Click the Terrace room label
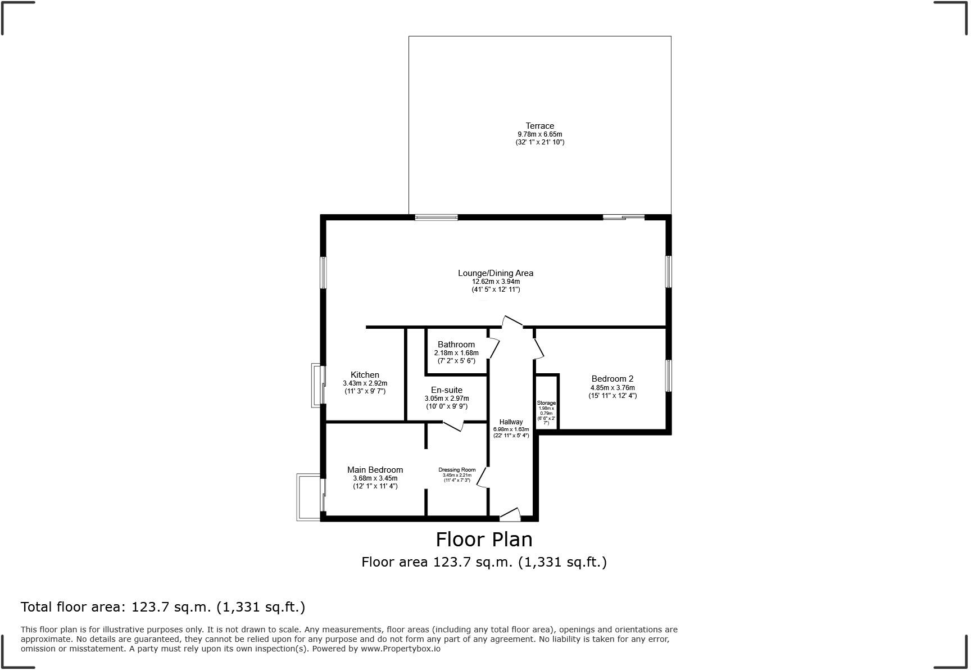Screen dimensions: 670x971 539,126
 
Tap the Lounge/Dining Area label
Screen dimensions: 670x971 496,273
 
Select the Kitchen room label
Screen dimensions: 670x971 365,375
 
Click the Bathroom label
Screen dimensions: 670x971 456,345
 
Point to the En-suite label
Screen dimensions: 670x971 447,390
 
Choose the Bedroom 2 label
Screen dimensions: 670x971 612,379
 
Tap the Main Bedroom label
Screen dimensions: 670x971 375,470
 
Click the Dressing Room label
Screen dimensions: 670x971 457,470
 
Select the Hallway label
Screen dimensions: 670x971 511,422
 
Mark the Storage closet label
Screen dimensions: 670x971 546,403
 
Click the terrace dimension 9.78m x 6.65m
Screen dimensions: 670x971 539,134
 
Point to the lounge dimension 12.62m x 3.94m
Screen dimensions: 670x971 496,282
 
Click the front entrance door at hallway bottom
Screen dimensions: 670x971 510,514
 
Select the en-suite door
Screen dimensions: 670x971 453,426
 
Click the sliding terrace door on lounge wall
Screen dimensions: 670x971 624,217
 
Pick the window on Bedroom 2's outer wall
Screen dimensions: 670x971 668,375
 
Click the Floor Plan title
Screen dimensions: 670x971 484,540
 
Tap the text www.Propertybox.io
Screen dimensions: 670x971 400,649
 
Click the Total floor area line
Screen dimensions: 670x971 163,607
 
